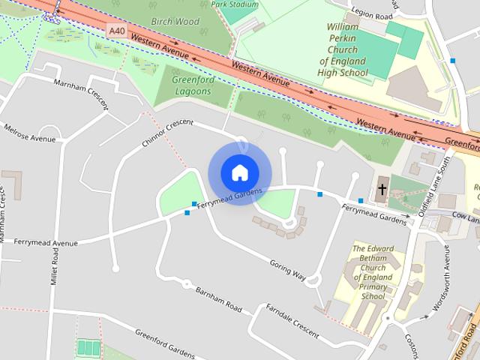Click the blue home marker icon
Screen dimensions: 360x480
click(239, 172)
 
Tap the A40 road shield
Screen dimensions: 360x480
click(115, 31)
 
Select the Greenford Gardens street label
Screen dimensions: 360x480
click(164, 343)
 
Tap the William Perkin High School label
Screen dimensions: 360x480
click(347, 49)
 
